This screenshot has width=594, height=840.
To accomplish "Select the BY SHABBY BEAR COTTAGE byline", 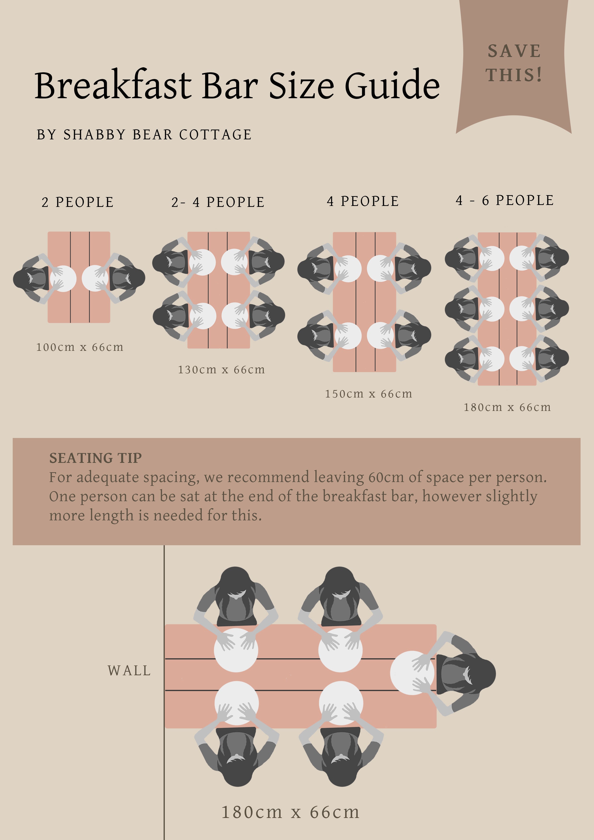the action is click(x=144, y=135).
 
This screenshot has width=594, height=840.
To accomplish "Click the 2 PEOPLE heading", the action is click(x=78, y=202).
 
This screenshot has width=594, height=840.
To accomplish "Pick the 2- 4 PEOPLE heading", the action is click(x=218, y=202).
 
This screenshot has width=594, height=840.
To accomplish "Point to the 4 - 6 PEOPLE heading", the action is click(x=505, y=200).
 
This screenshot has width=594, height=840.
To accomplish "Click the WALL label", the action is click(x=129, y=671).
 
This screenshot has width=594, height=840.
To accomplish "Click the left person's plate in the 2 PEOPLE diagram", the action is click(x=63, y=279).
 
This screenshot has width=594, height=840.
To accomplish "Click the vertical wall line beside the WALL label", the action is click(x=164, y=692).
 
